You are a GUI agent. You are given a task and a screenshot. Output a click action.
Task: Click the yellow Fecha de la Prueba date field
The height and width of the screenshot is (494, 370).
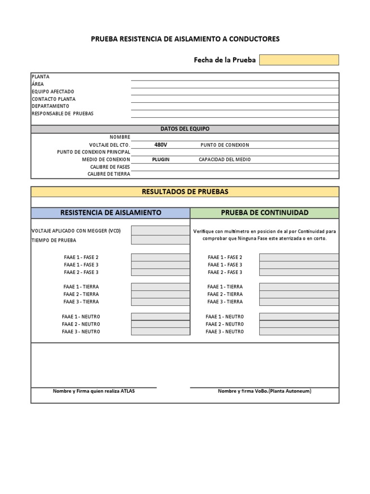[x=299, y=60]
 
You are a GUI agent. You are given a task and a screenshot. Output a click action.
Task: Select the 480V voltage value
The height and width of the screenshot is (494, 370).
[x=161, y=145]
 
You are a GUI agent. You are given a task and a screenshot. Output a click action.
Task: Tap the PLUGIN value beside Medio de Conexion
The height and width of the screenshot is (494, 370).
[x=161, y=159]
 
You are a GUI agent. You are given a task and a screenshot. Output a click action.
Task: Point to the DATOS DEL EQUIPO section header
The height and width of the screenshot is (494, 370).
[x=185, y=129]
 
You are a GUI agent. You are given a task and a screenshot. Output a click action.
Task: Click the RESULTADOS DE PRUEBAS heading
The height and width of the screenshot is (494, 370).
[x=185, y=192]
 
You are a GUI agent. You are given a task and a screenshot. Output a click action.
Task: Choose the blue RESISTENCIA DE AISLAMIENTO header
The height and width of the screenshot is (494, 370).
[x=110, y=213]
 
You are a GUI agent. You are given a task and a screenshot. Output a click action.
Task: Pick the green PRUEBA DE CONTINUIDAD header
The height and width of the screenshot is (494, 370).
[x=264, y=213]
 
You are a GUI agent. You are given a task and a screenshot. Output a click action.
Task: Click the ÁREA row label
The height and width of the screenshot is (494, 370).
[x=38, y=84]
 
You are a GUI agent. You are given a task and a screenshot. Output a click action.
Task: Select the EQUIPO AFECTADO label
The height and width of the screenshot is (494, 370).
[x=53, y=92]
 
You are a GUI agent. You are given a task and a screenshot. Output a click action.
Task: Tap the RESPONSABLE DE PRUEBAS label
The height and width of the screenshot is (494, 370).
[x=62, y=114]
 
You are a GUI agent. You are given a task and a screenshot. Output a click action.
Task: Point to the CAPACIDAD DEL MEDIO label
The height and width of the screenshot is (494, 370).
[x=225, y=159]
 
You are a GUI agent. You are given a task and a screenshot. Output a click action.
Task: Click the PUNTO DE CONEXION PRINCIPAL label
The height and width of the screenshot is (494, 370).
[x=93, y=152]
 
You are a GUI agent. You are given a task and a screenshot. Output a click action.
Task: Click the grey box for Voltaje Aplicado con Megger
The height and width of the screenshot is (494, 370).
[x=160, y=231]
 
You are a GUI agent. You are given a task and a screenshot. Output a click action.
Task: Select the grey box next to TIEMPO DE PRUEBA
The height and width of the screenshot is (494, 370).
[x=160, y=240]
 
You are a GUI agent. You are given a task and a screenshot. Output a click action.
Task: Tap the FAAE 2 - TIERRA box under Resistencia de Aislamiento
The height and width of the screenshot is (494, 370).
[x=160, y=294]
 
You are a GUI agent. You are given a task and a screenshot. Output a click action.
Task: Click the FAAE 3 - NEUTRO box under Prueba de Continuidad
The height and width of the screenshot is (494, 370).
[x=299, y=331]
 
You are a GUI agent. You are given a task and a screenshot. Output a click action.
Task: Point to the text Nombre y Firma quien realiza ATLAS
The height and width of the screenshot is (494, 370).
[x=94, y=391]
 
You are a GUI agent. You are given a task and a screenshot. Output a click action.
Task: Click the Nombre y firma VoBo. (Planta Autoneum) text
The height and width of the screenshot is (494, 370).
[x=264, y=391]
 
